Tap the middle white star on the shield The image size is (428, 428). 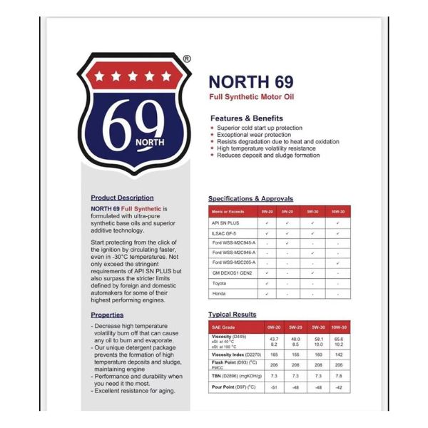pos(133,76)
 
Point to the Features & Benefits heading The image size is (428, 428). pos(246,118)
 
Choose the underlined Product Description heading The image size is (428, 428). pos(122,198)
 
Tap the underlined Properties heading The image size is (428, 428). pos(107,315)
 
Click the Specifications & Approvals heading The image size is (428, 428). pos(250,198)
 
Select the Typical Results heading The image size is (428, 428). pos(233,314)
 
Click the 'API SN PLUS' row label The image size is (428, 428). pos(225,223)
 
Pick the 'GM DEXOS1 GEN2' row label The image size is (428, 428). pos(230,273)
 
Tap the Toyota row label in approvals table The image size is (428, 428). pos(219,283)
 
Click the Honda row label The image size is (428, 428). pos(218,293)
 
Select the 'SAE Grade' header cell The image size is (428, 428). pos(223,327)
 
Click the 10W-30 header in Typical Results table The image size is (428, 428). pos(339,327)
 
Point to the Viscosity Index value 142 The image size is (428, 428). pos(339,354)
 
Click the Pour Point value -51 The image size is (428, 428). pos(273,388)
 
